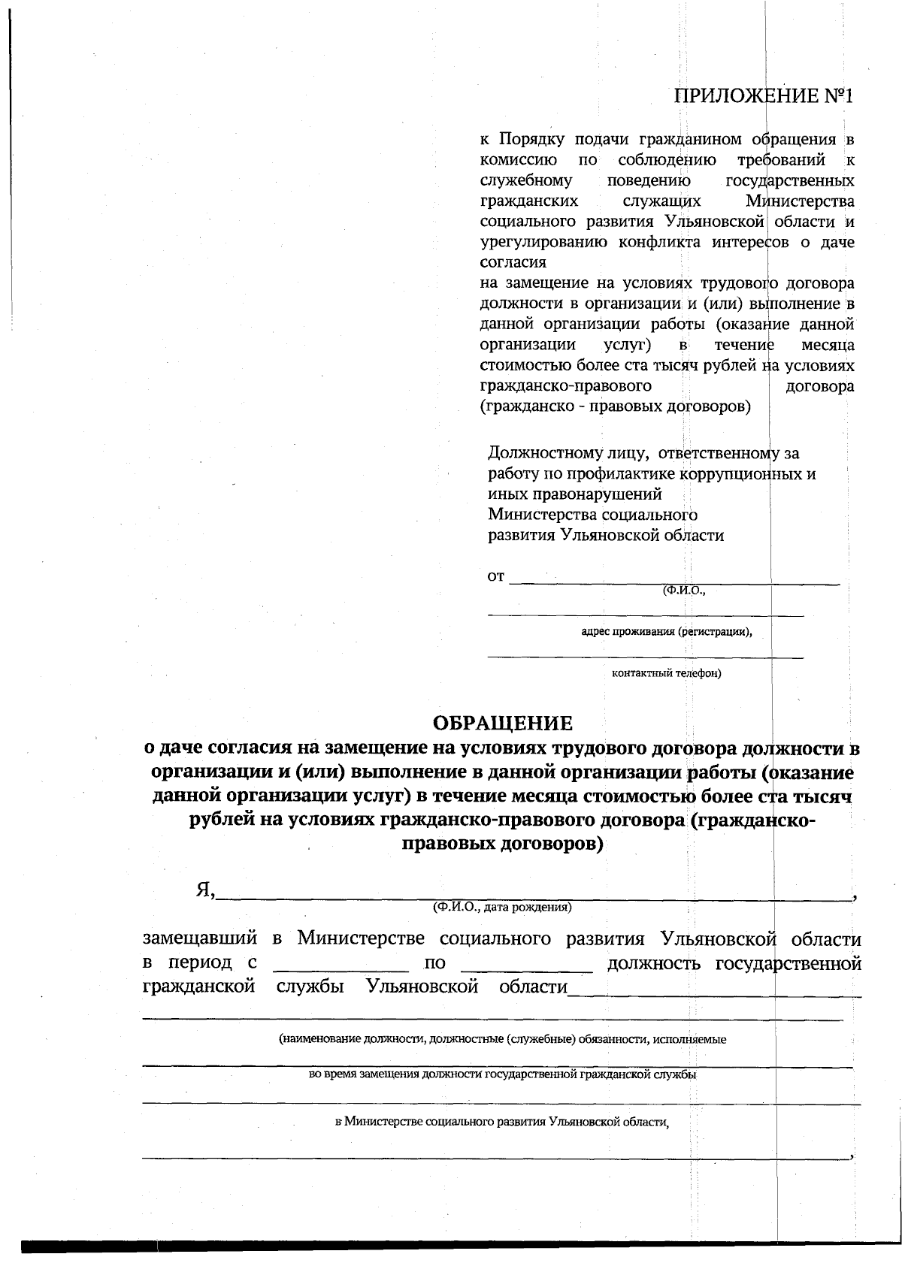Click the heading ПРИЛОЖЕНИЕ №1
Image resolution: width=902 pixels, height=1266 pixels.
(764, 96)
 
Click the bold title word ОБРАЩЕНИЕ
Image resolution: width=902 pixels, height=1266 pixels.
(502, 724)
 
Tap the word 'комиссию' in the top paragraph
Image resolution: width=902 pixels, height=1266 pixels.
(518, 160)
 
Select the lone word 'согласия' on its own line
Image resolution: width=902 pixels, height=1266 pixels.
(513, 263)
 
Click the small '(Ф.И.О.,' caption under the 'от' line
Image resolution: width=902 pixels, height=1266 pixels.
(683, 591)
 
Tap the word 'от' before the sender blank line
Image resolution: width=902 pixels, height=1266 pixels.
(495, 577)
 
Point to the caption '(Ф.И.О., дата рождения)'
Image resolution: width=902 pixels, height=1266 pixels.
(502, 907)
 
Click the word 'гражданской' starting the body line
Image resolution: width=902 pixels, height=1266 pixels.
(198, 987)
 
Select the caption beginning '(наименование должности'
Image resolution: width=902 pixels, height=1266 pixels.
(502, 1040)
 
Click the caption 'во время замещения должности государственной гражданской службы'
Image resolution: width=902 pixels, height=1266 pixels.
(502, 1074)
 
